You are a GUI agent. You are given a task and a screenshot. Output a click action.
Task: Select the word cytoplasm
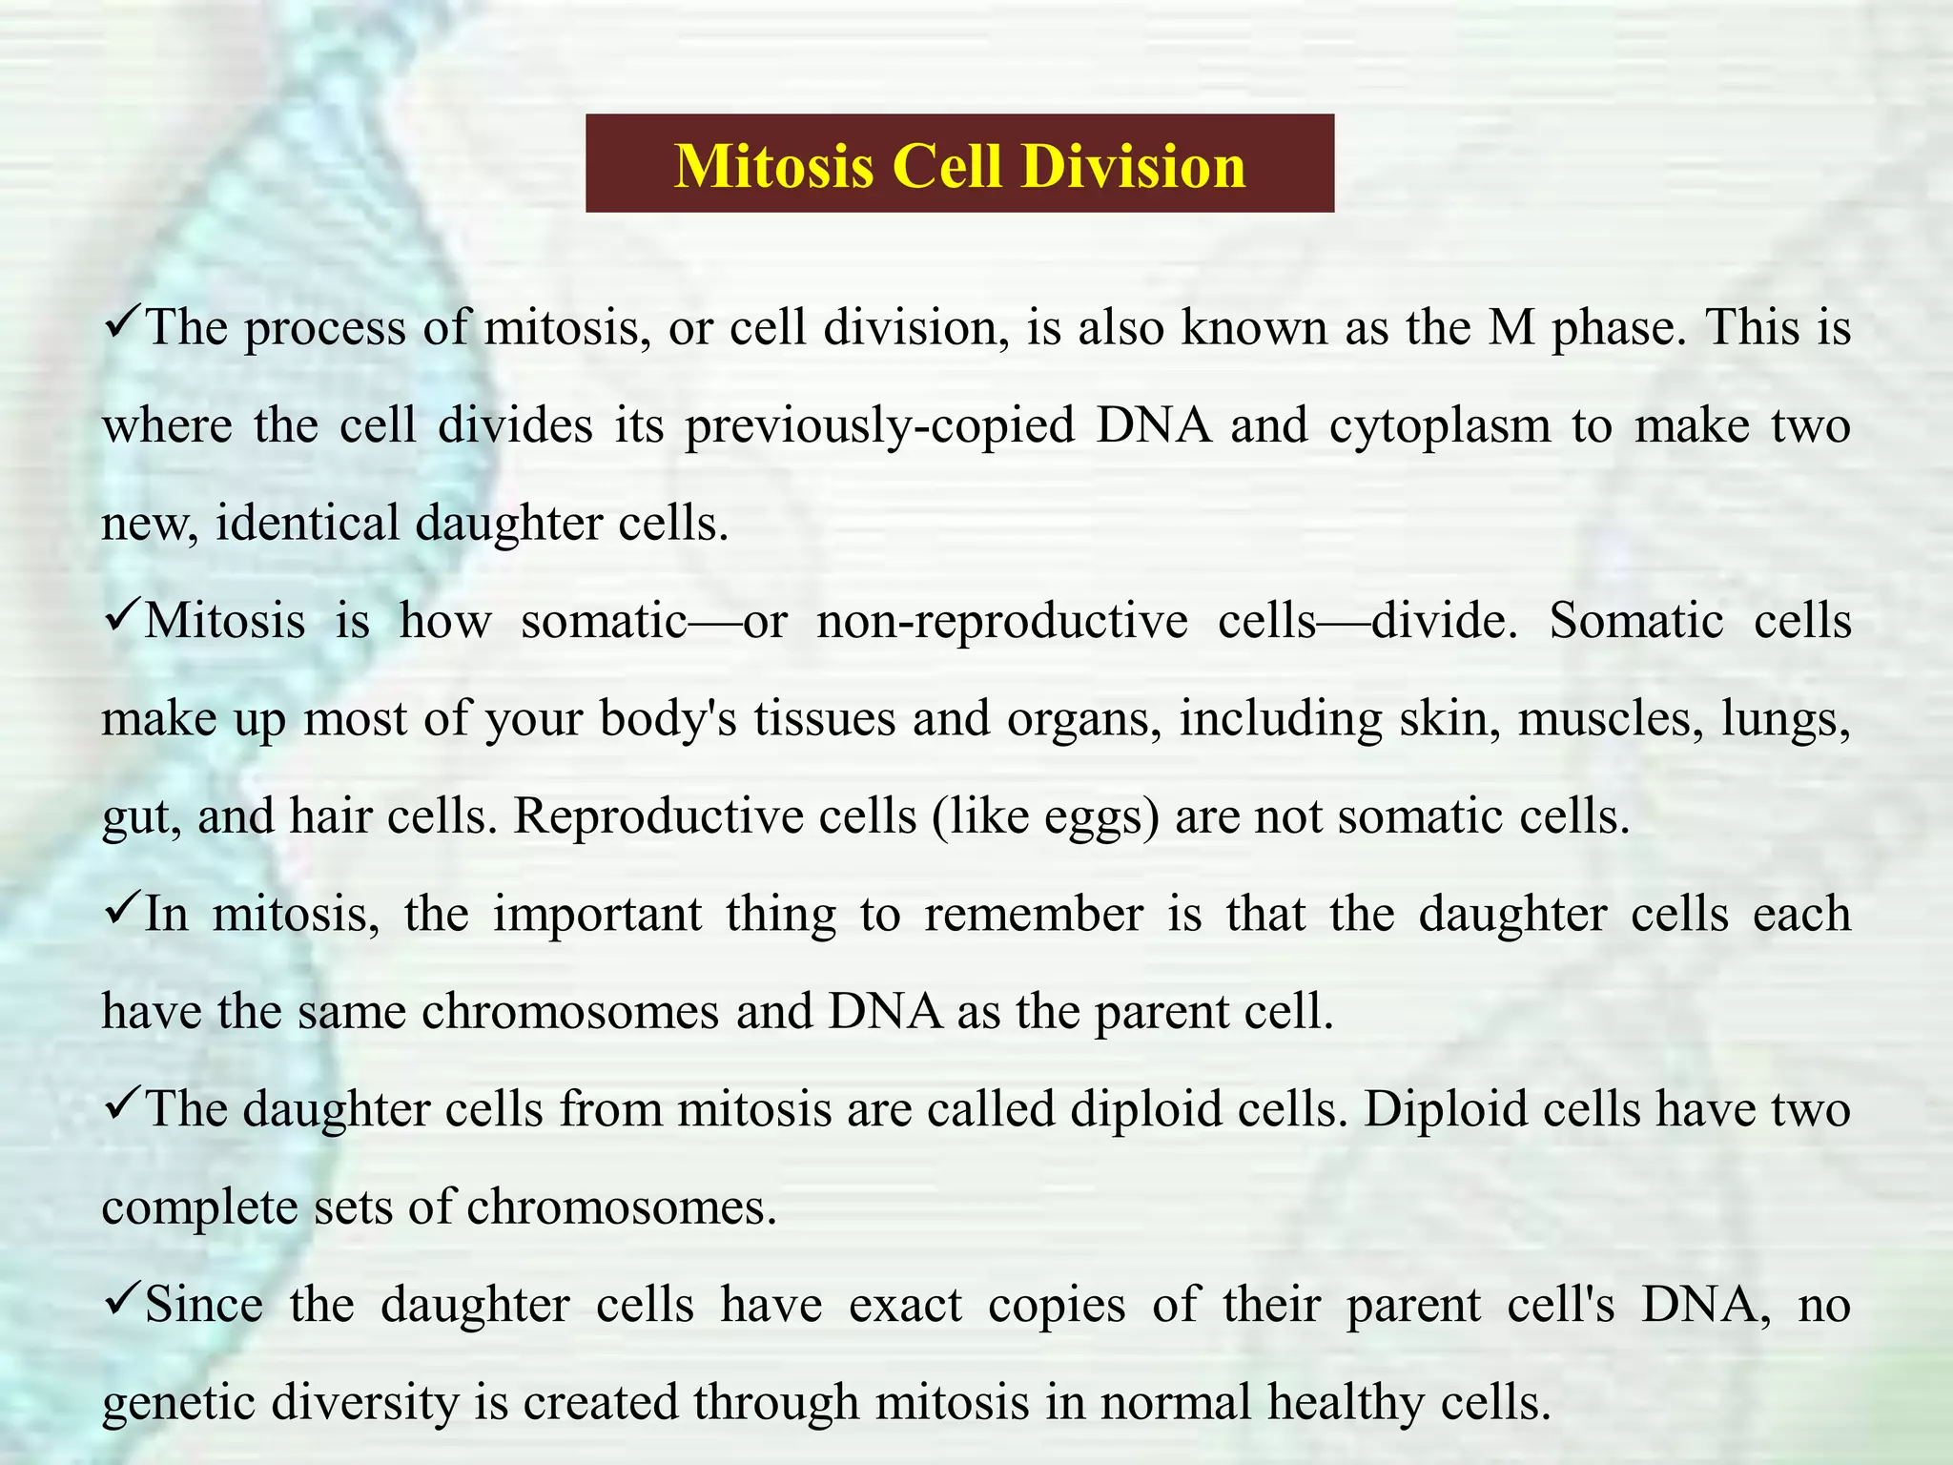tap(1440, 425)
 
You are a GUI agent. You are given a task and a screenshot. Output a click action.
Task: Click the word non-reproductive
tap(1002, 622)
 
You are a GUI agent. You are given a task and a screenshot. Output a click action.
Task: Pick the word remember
tap(1034, 915)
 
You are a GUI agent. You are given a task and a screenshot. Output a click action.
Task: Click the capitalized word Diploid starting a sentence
tap(1445, 1110)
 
